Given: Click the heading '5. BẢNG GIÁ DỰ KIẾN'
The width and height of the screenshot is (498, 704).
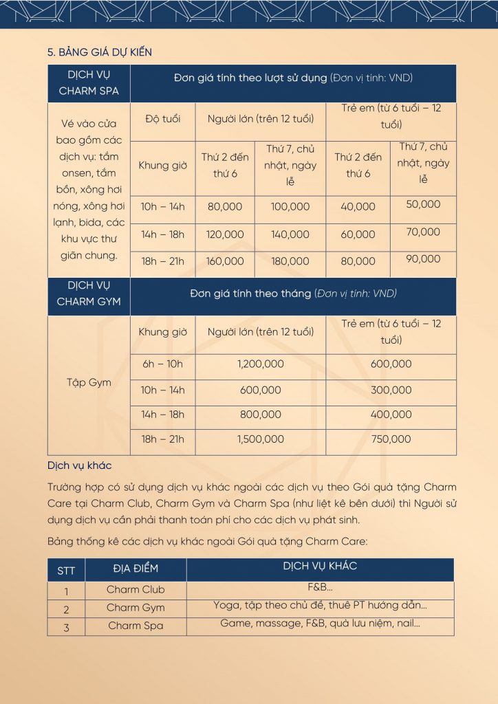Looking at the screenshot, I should coord(99,52).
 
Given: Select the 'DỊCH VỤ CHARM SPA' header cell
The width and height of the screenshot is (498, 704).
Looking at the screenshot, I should coord(88,82).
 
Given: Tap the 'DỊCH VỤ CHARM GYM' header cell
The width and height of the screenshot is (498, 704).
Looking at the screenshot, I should coord(88,294).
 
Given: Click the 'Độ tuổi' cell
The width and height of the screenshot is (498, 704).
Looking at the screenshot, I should coord(162,119).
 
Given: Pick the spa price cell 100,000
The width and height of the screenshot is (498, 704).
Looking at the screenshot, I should coord(290,206).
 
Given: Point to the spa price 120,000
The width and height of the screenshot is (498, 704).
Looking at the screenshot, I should coord(225,234).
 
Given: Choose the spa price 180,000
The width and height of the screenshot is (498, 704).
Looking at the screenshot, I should coord(290,261).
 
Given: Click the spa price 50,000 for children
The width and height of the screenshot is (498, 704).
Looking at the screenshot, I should coord(423,204).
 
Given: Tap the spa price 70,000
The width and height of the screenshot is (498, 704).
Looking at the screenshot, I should coord(423,232).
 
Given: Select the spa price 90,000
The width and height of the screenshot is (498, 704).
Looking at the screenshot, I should coord(423,259).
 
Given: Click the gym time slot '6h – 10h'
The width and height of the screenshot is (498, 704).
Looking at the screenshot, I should coord(163,364).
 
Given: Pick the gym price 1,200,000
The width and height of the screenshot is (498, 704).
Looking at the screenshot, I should coord(261,364).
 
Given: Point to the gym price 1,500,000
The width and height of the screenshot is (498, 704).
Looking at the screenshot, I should coord(261,439).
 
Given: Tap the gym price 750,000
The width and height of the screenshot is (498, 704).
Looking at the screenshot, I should coord(391,439).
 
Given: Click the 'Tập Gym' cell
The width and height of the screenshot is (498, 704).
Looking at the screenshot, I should coord(89,383).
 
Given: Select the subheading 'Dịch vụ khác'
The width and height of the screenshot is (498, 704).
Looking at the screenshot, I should coord(79,465).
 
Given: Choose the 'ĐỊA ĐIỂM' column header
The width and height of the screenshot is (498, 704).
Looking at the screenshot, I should coord(136,569).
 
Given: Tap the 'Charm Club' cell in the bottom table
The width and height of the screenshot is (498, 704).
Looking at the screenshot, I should coord(136,590).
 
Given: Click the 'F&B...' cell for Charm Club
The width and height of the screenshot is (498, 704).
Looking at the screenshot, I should coord(320,588).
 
